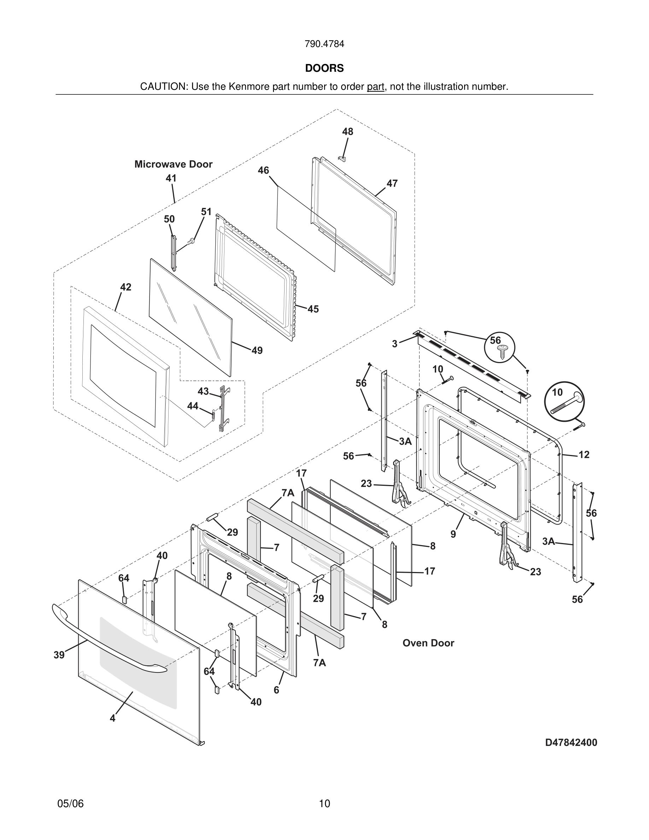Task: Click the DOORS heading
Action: pyautogui.click(x=324, y=68)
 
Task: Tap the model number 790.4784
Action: pyautogui.click(x=324, y=44)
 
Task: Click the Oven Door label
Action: pyautogui.click(x=428, y=643)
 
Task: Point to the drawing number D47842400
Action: pyautogui.click(x=571, y=742)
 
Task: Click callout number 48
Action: pyautogui.click(x=347, y=132)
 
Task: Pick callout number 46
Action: pyautogui.click(x=263, y=170)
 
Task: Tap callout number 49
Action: pyautogui.click(x=257, y=350)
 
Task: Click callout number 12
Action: pyautogui.click(x=584, y=455)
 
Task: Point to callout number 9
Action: pyautogui.click(x=453, y=534)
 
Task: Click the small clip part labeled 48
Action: pyautogui.click(x=342, y=158)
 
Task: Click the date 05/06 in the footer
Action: pyautogui.click(x=70, y=804)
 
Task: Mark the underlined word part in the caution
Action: pyautogui.click(x=375, y=87)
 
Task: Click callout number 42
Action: pyautogui.click(x=126, y=287)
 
